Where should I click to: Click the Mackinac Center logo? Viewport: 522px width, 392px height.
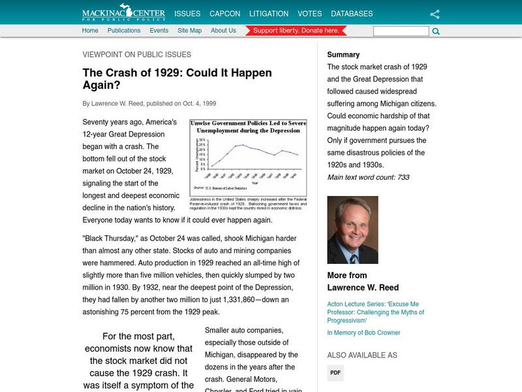pos(123,13)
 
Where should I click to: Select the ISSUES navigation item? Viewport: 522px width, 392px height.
pos(187,14)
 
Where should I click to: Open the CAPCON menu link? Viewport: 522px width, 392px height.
pos(224,14)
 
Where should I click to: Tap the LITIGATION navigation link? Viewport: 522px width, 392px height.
pos(269,14)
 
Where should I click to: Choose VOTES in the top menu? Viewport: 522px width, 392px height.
pos(309,14)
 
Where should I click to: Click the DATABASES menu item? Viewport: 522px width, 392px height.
pos(352,14)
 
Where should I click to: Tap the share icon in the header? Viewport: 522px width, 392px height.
pos(435,14)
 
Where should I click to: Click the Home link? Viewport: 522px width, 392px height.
pos(90,31)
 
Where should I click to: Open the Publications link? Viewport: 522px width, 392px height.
pos(124,31)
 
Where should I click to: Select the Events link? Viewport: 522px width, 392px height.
pos(159,31)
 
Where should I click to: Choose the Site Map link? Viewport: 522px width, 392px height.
pos(189,31)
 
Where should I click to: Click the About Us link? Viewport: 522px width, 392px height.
pos(223,31)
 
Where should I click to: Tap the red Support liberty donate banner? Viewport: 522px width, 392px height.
pos(296,31)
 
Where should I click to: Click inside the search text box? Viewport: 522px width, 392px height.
pos(401,31)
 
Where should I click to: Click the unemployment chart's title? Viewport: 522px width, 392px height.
pos(248,127)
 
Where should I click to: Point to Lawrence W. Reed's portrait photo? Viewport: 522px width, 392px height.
pos(353,230)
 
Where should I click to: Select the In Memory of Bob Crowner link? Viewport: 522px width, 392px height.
pos(363,333)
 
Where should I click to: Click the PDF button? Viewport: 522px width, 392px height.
pos(335,373)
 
